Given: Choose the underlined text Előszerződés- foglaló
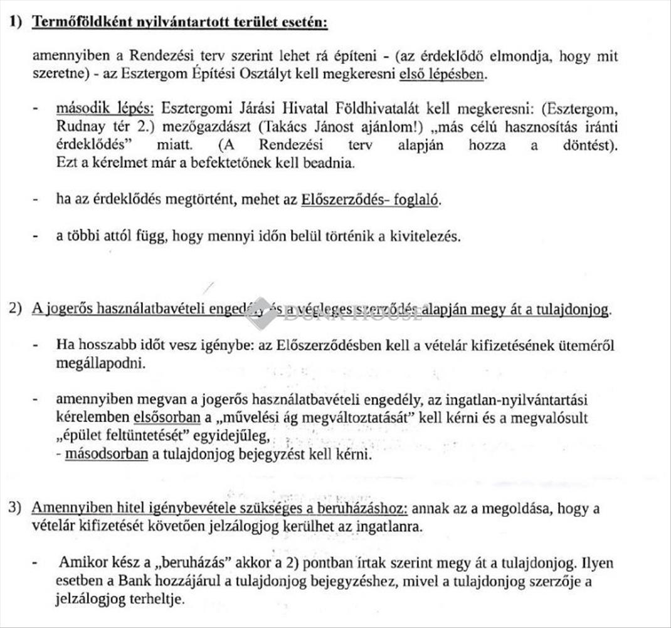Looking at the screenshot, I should [x=371, y=200].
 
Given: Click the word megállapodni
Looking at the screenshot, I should [x=100, y=363].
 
